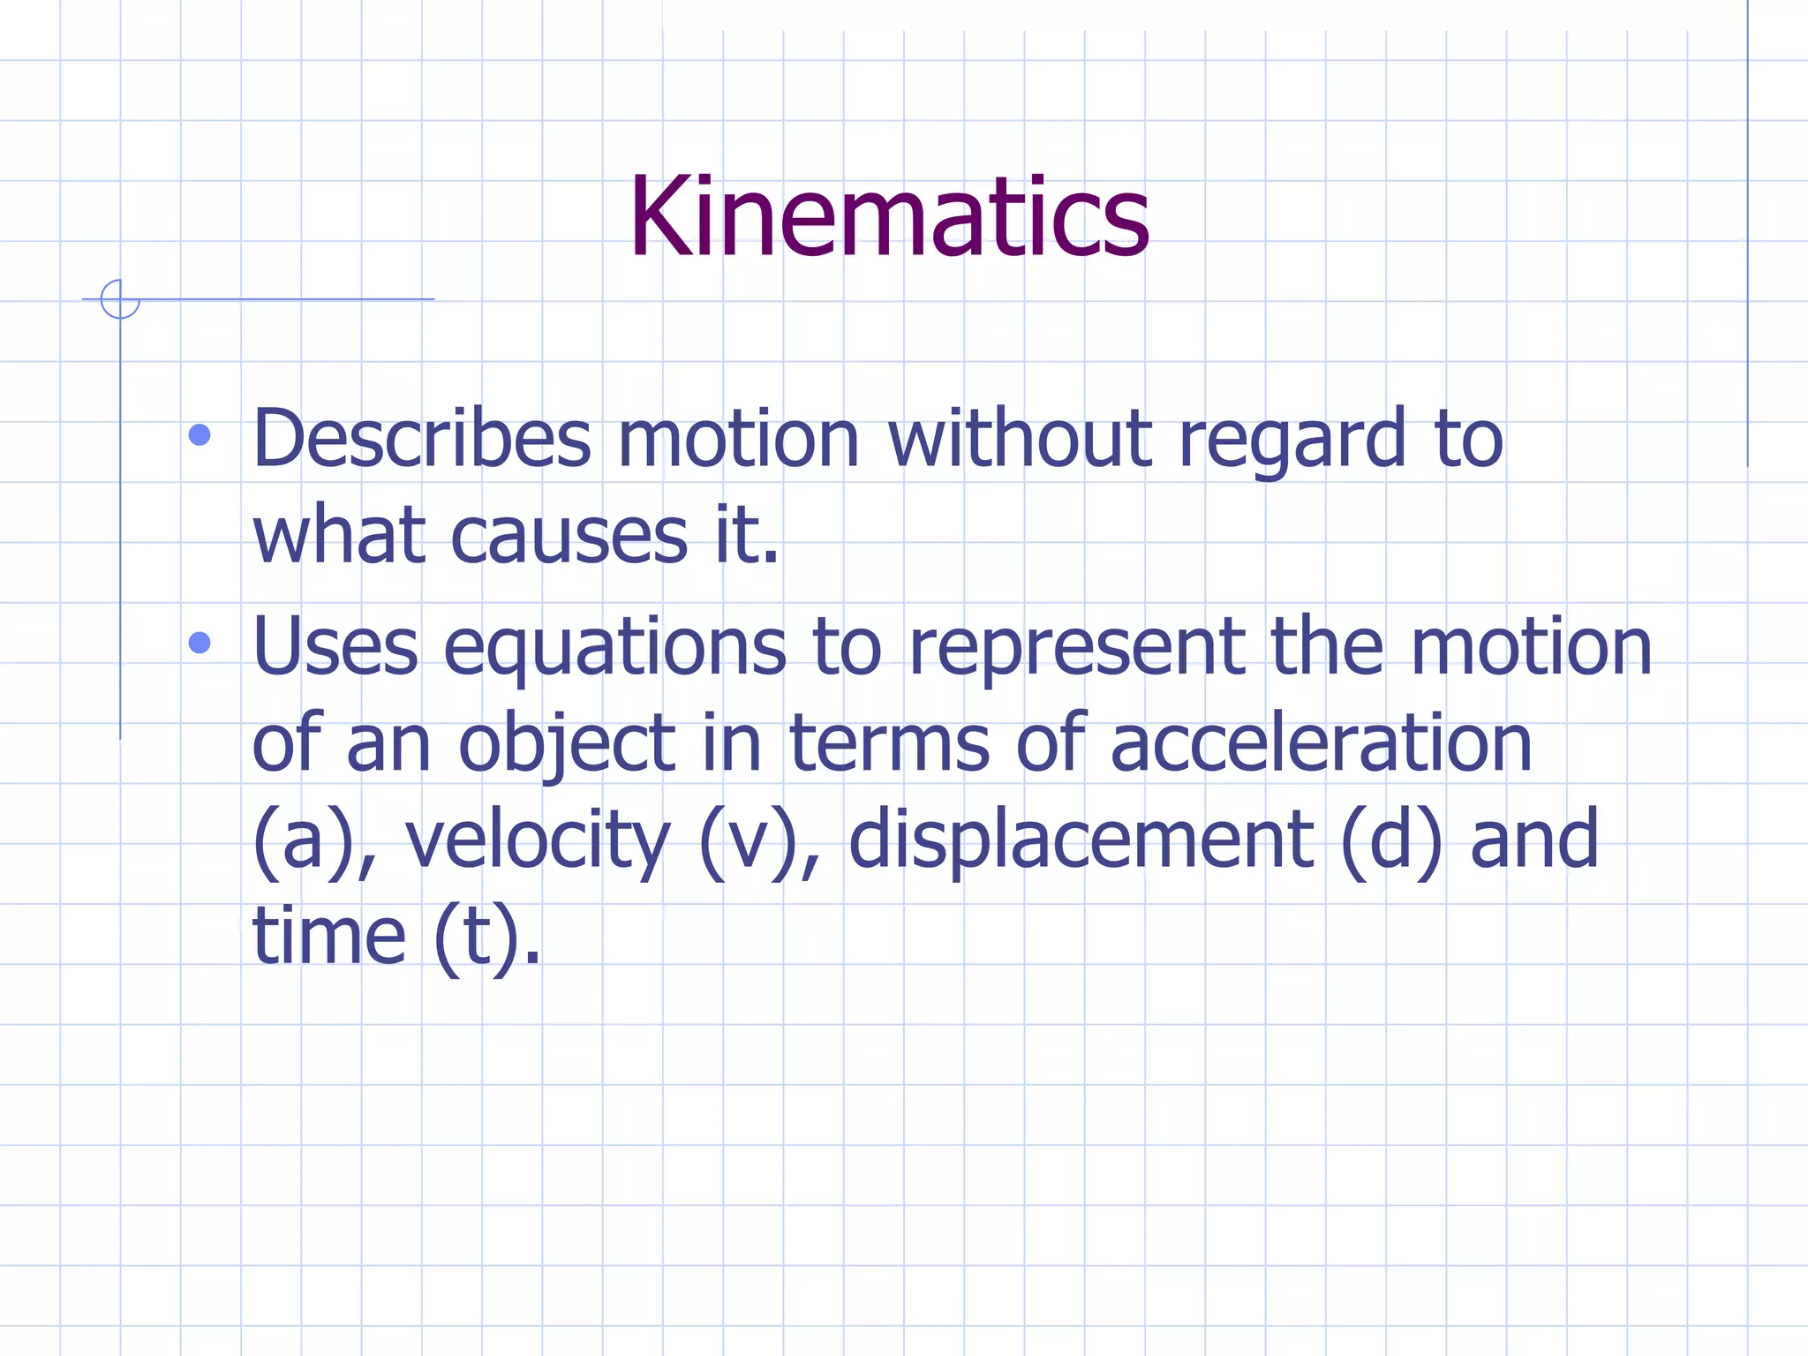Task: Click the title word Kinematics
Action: tap(888, 218)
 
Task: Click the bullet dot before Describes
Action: tap(200, 435)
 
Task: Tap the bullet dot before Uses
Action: tap(200, 643)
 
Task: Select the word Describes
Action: tap(422, 439)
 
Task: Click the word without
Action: tap(1021, 439)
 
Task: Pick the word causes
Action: tap(569, 537)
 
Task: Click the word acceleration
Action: tap(1321, 744)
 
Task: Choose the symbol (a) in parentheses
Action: tap(301, 840)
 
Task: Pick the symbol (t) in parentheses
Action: tap(475, 938)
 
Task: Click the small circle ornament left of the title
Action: tap(120, 299)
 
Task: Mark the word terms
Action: tap(889, 744)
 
